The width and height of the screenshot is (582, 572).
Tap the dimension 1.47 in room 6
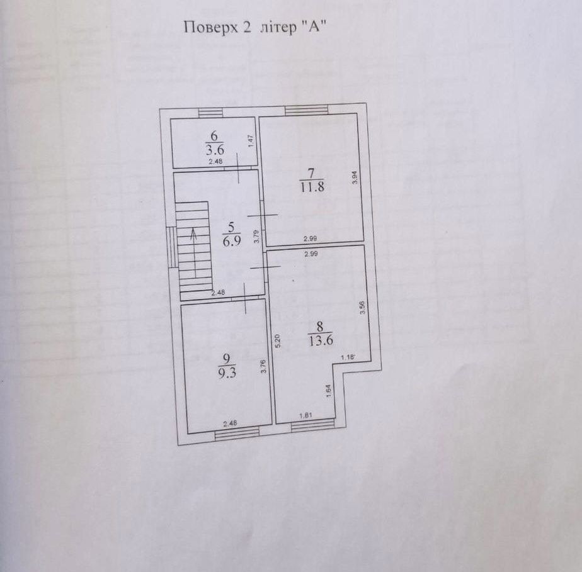tap(250, 142)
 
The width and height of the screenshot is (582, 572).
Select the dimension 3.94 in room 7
tap(355, 178)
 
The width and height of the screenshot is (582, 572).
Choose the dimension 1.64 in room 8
tap(328, 390)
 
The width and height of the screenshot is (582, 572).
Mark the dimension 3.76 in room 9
tap(263, 367)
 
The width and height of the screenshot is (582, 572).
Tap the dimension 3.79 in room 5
tap(256, 237)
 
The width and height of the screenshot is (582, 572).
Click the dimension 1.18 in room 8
tap(348, 357)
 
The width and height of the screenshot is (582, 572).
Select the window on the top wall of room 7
tap(306, 111)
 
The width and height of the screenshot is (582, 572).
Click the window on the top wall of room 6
tap(210, 113)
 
